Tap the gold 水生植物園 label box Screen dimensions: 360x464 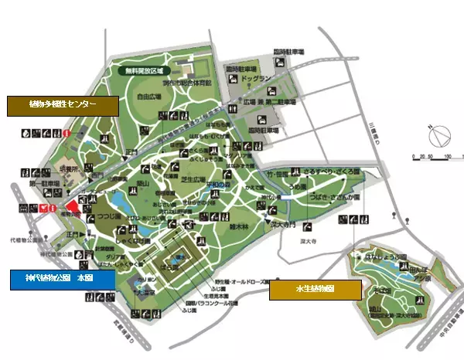(x=315, y=290)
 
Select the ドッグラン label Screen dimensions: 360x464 (x=256, y=78)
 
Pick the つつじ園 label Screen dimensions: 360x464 (x=111, y=206)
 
